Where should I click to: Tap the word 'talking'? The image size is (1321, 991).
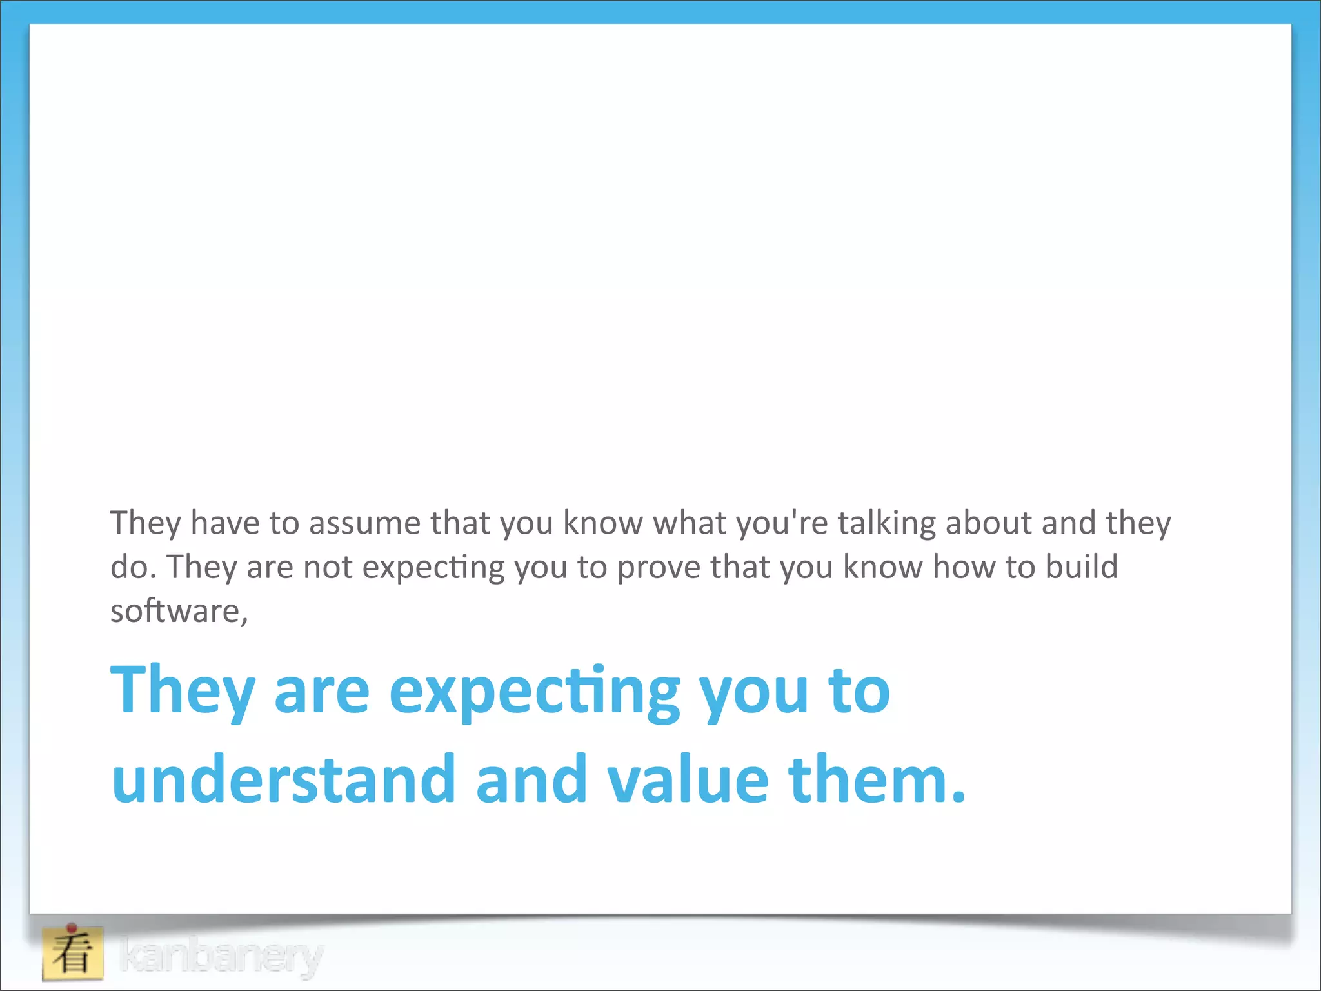click(886, 523)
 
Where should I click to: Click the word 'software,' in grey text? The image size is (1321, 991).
click(179, 611)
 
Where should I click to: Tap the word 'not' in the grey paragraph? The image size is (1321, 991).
click(328, 567)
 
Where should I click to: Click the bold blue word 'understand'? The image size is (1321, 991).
click(284, 780)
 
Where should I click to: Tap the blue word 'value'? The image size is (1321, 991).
click(688, 780)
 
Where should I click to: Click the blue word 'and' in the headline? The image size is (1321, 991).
click(531, 780)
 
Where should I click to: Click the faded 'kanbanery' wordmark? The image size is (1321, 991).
click(221, 956)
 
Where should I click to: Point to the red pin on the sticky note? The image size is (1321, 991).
click(72, 928)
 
